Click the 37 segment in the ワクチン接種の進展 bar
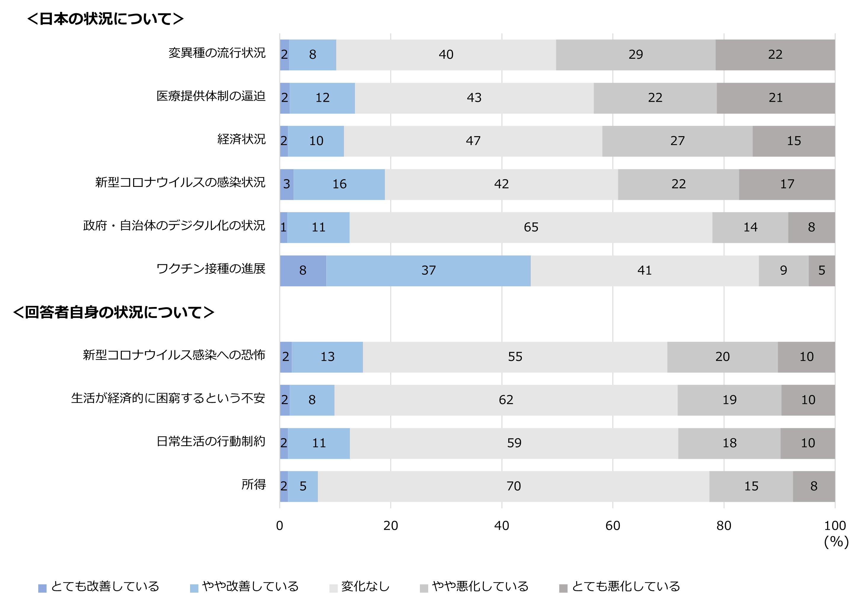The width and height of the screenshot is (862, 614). [x=428, y=271]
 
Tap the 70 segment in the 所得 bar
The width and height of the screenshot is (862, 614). [x=513, y=486]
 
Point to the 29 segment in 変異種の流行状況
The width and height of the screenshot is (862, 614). [x=636, y=55]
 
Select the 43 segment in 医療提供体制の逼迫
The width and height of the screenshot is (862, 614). [x=474, y=98]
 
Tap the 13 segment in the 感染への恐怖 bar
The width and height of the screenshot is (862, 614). [x=327, y=357]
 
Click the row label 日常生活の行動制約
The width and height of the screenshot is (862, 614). [x=211, y=442]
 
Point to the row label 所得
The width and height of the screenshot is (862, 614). [x=253, y=485]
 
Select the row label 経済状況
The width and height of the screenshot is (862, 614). [x=241, y=139]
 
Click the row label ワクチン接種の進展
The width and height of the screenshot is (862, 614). [x=211, y=269]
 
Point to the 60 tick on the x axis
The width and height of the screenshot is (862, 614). [x=613, y=526]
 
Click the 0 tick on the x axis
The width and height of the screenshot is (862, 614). [x=280, y=526]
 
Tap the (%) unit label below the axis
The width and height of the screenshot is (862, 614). [x=836, y=542]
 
